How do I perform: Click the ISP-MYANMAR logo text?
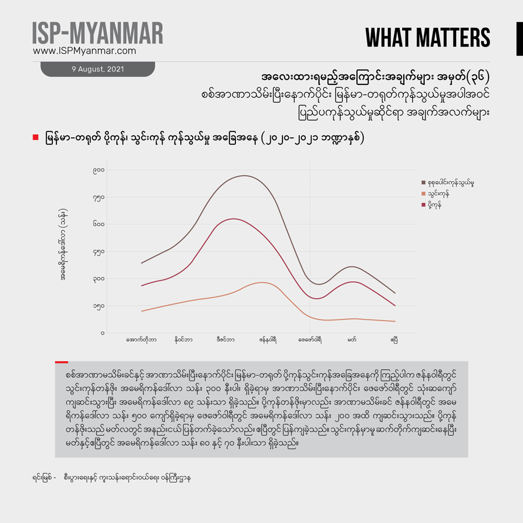pyautogui.click(x=98, y=33)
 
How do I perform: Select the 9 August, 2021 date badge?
pyautogui.click(x=98, y=69)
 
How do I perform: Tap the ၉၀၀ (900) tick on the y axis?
pyautogui.click(x=98, y=170)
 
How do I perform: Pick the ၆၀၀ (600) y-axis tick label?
pyautogui.click(x=98, y=224)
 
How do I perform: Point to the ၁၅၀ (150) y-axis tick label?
pyautogui.click(x=98, y=306)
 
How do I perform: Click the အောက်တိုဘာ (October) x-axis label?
pyautogui.click(x=141, y=339)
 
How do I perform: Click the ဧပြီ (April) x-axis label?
pyautogui.click(x=395, y=339)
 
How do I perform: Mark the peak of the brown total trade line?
pyautogui.click(x=244, y=175)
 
